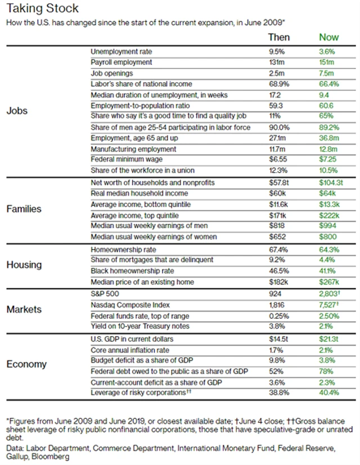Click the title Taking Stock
pyautogui.click(x=39, y=8)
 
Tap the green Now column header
pyautogui.click(x=329, y=37)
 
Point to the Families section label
pyautogui.click(x=25, y=209)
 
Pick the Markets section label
pyautogui.click(x=24, y=309)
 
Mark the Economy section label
pyautogui.click(x=26, y=363)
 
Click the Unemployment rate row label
pyautogui.click(x=121, y=51)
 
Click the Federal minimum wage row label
pyautogui.click(x=125, y=160)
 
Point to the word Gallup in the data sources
pyautogui.click(x=18, y=457)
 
